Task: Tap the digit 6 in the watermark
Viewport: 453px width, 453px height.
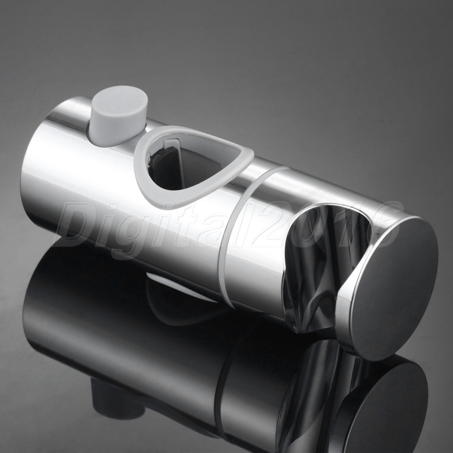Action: click(x=382, y=225)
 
